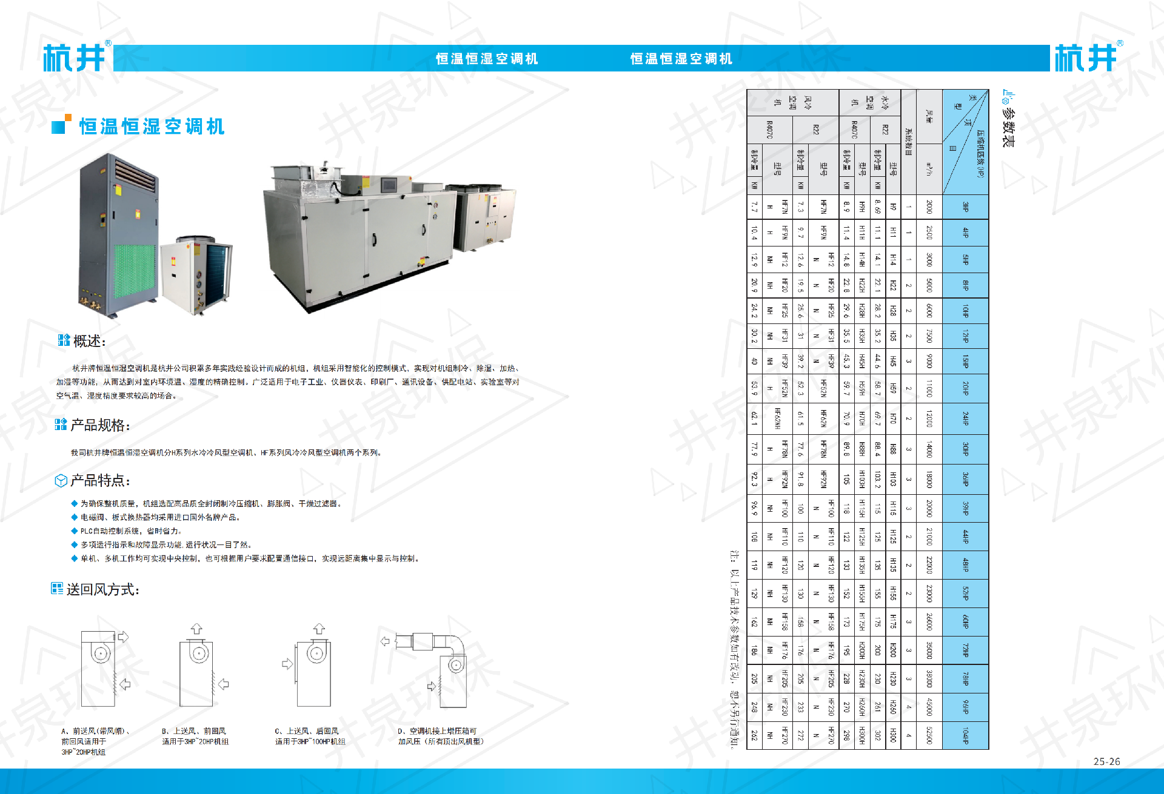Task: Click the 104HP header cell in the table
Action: (x=965, y=735)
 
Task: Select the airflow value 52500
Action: (x=929, y=735)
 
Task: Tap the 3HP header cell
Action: (x=965, y=207)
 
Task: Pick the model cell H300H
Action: (x=861, y=735)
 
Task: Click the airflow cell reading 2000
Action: (x=929, y=207)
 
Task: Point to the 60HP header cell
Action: (x=965, y=621)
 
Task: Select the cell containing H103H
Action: (x=861, y=480)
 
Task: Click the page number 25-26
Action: (x=1106, y=762)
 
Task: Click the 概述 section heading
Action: (x=89, y=341)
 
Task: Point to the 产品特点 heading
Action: (x=99, y=481)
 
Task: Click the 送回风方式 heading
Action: (x=102, y=589)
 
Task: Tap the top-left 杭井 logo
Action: (x=74, y=58)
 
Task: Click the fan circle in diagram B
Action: (x=198, y=653)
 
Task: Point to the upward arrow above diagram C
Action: (x=319, y=629)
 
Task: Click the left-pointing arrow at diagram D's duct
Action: (x=385, y=641)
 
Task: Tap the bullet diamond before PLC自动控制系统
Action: (x=74, y=531)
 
